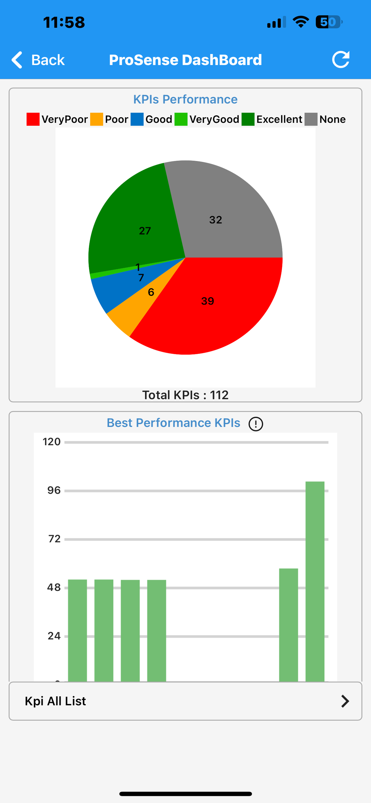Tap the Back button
[38, 59]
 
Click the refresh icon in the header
[341, 59]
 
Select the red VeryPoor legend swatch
[33, 119]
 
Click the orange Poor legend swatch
[97, 119]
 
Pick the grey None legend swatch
[311, 119]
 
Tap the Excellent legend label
[279, 119]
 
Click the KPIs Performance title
[185, 99]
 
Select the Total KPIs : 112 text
[185, 395]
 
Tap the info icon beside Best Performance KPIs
[256, 424]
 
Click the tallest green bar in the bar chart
[315, 581]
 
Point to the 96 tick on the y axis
[54, 490]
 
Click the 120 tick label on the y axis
[51, 442]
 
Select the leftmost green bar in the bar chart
[77, 630]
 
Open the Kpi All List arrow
[345, 701]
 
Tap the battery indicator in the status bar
[329, 22]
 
